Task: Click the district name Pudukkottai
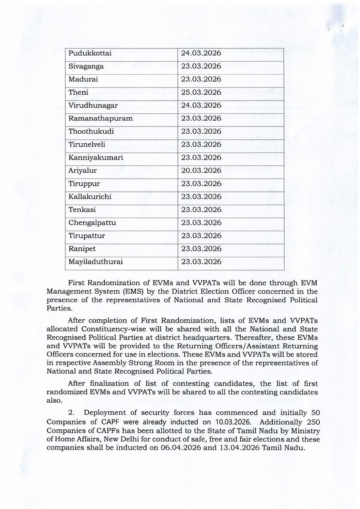pos(87,53)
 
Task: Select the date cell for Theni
pos(201,93)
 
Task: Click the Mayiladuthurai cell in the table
pos(96,262)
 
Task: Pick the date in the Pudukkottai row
pos(201,53)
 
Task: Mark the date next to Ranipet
pos(201,249)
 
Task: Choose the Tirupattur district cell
pos(87,236)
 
